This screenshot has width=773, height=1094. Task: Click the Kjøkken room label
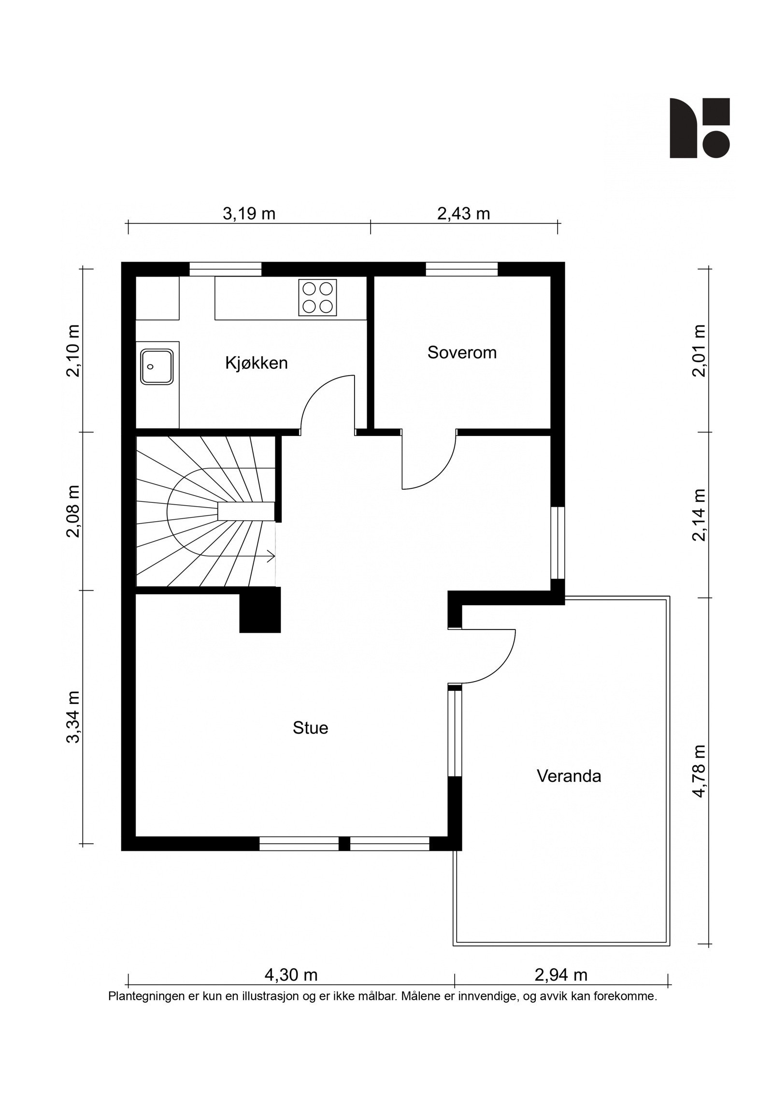pyautogui.click(x=256, y=363)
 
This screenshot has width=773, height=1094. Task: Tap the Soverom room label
pyautogui.click(x=461, y=352)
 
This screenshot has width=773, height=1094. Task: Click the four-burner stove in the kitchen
pyautogui.click(x=317, y=298)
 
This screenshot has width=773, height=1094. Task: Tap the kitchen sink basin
pyautogui.click(x=157, y=366)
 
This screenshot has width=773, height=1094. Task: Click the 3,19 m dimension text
pyautogui.click(x=249, y=213)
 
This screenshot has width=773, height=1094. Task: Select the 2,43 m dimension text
pyautogui.click(x=463, y=213)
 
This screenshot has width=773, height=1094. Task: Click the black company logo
pyautogui.click(x=699, y=128)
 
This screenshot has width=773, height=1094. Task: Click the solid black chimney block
pyautogui.click(x=260, y=610)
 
